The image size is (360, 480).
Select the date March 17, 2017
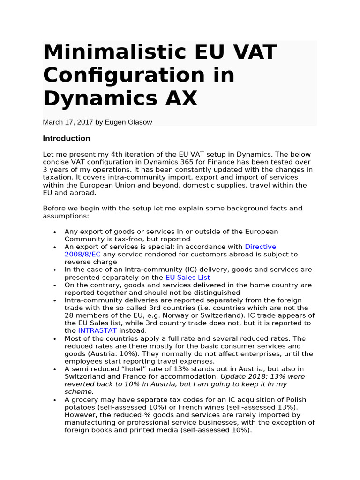[x=67, y=122]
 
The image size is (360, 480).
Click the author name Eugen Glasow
[x=128, y=122]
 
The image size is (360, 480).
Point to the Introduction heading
[x=67, y=138]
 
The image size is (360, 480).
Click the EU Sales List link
[x=187, y=277]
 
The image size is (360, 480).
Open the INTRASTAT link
[x=97, y=330]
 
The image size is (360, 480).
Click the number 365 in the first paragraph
[x=187, y=162]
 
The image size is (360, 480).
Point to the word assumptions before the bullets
[x=65, y=216]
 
